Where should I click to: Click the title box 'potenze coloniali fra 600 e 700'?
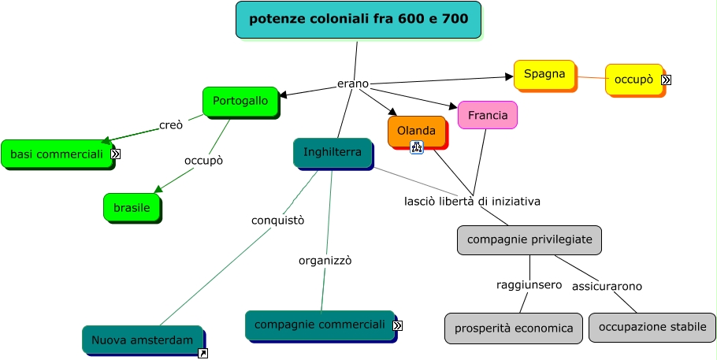tap(358, 20)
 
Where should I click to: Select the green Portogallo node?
tap(240, 102)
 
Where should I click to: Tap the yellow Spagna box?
tap(544, 75)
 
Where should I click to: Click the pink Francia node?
tap(487, 115)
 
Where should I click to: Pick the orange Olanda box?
tap(416, 131)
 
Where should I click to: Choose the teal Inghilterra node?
tap(332, 153)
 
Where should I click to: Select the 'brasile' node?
tap(132, 207)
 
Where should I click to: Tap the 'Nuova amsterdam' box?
tap(142, 340)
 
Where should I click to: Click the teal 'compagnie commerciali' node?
tap(319, 325)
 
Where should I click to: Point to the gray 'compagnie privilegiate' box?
tap(529, 239)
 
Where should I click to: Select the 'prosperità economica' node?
tap(513, 328)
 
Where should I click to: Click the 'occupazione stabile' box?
tap(652, 327)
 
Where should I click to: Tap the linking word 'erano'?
tap(352, 84)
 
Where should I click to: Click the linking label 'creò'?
tap(171, 125)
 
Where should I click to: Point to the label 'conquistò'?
tap(277, 220)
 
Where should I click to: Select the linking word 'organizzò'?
tap(325, 260)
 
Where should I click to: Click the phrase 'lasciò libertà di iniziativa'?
tap(472, 201)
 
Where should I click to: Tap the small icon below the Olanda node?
tap(417, 147)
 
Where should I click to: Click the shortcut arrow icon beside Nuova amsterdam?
tap(202, 354)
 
